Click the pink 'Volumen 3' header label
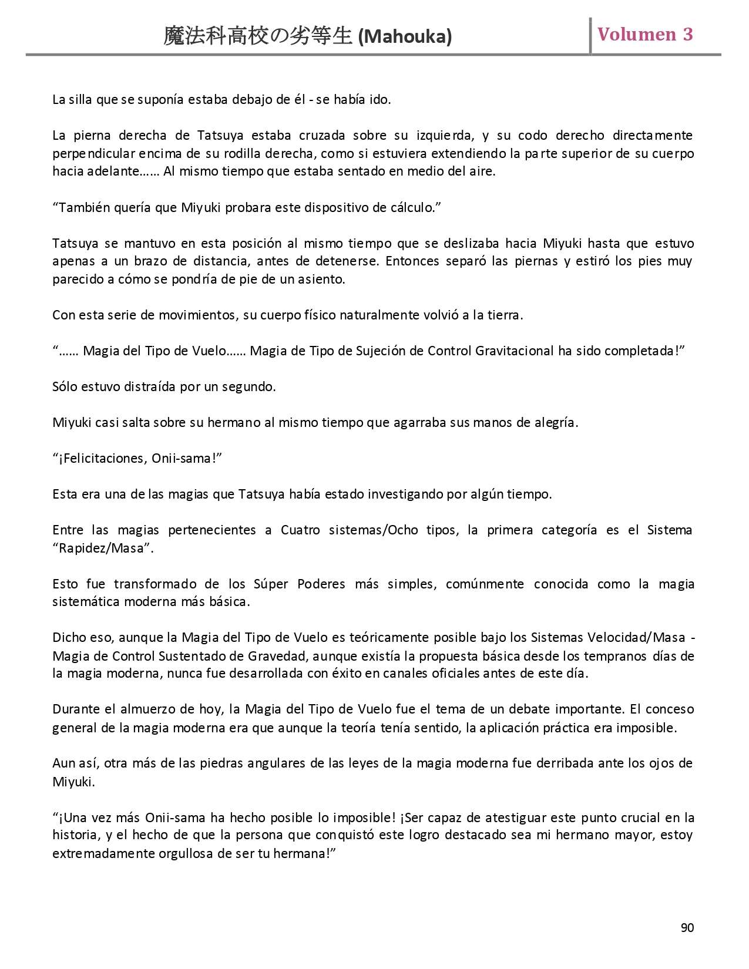[645, 34]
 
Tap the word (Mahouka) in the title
[405, 37]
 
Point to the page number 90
[687, 927]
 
